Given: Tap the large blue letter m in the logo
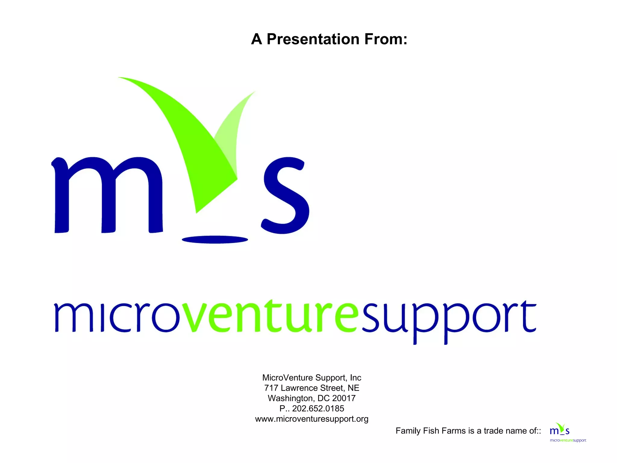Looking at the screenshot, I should coord(107,196).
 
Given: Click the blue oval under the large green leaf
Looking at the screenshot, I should coord(215,240).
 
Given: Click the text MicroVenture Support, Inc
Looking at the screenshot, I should coord(312,378).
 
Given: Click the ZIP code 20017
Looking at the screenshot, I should coord(344,398).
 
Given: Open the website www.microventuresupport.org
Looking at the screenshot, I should coord(312,419).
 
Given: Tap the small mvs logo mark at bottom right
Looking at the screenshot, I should coord(559,429).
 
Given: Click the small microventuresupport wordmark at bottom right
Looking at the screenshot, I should coord(568,440).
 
